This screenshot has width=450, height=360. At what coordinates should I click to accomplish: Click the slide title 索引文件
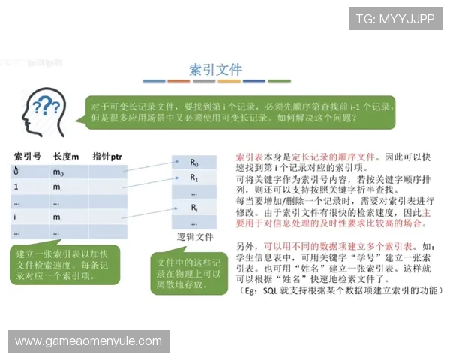214,69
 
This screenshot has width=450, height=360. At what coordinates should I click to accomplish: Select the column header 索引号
27,156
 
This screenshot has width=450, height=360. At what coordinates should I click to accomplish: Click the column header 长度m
67,156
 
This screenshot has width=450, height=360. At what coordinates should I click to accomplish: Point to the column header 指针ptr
107,156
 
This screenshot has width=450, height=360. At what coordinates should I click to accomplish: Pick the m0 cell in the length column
59,172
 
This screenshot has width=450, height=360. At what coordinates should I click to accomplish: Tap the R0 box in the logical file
194,163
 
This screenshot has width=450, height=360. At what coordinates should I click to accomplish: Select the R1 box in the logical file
194,178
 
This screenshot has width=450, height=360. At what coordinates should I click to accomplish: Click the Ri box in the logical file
194,208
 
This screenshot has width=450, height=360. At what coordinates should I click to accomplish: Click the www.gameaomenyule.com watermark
88,341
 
